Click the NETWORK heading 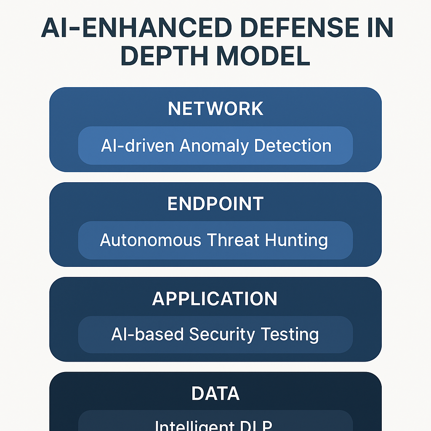(x=215, y=109)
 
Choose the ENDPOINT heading (x=215, y=204)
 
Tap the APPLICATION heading (x=215, y=298)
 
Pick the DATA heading (x=215, y=393)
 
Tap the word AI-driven (x=137, y=146)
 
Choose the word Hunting (x=296, y=241)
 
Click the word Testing (x=290, y=335)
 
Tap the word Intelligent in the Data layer (x=189, y=426)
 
